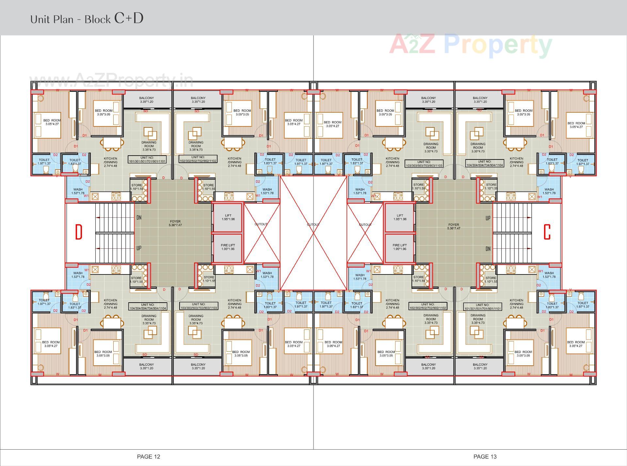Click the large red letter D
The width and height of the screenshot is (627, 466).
point(79,232)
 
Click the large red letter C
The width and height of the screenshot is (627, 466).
point(547,232)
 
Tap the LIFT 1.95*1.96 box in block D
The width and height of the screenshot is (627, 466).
point(228,217)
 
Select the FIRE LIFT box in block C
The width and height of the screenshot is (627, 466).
point(400,247)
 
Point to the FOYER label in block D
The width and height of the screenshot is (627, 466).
point(175,223)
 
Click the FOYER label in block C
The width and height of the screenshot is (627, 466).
point(454,226)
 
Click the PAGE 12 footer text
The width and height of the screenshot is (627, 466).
point(149,457)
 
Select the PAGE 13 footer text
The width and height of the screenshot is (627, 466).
point(485,457)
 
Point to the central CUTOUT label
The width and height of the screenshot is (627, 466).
point(313,225)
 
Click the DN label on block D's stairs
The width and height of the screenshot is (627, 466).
point(139,218)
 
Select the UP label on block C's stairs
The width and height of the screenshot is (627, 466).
point(488,218)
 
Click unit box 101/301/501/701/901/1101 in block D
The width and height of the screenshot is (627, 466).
point(148,159)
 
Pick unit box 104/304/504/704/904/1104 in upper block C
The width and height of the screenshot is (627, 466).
point(485,163)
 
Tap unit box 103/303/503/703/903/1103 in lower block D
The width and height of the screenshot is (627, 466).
point(199,306)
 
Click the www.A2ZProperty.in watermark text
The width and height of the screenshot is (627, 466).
point(111,80)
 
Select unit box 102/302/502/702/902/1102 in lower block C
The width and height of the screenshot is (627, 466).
point(428,306)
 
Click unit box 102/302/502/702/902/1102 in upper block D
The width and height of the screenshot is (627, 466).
point(198,159)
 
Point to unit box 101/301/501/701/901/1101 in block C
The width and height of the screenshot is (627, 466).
point(482,307)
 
